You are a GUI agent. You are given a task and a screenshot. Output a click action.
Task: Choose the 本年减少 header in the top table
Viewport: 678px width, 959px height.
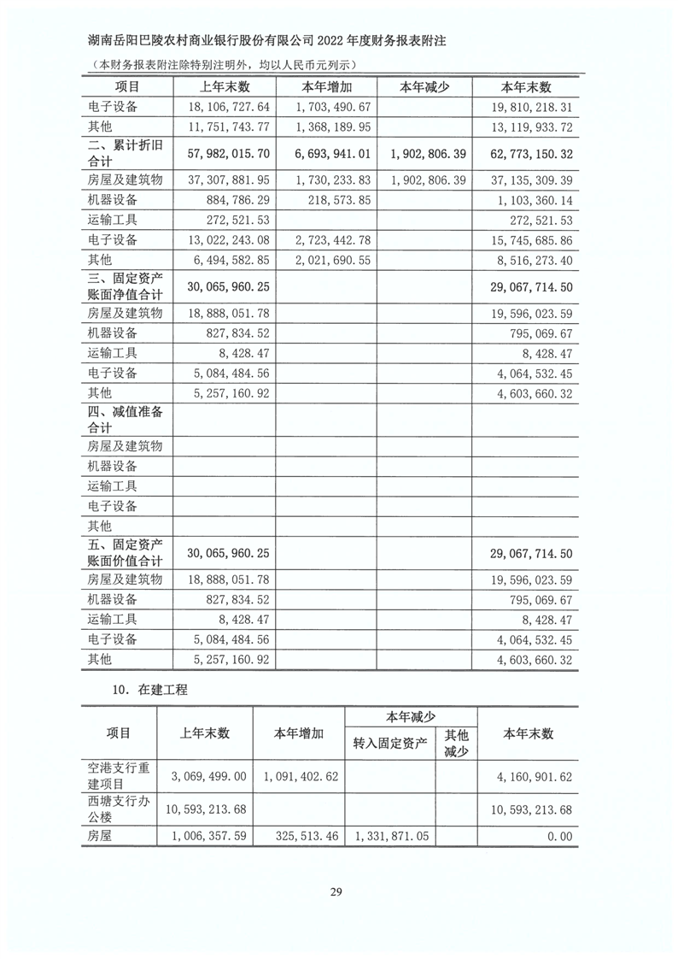point(424,87)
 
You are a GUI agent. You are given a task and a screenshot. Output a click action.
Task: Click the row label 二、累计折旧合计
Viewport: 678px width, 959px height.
point(125,154)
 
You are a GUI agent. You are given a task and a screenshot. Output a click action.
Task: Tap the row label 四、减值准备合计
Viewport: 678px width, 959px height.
point(125,418)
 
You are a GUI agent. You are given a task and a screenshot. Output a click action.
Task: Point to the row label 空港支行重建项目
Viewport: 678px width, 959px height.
point(119,776)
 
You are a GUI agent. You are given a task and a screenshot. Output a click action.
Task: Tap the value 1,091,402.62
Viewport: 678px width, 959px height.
point(299,776)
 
